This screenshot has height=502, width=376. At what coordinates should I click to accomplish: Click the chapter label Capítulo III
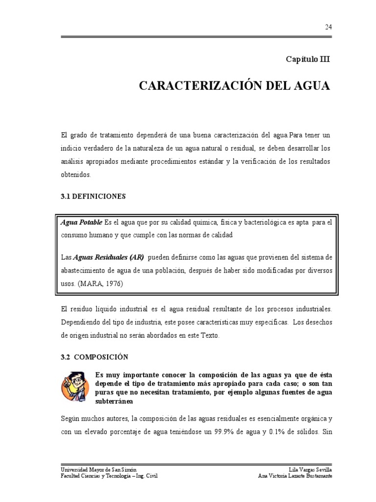click(308, 59)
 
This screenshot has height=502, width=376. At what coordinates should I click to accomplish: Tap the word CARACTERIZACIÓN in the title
click(198, 86)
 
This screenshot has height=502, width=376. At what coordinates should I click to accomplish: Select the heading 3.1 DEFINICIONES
click(93, 196)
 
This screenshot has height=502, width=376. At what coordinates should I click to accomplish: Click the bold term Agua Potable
click(81, 223)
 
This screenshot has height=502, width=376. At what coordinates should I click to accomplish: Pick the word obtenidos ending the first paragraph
click(77, 175)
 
